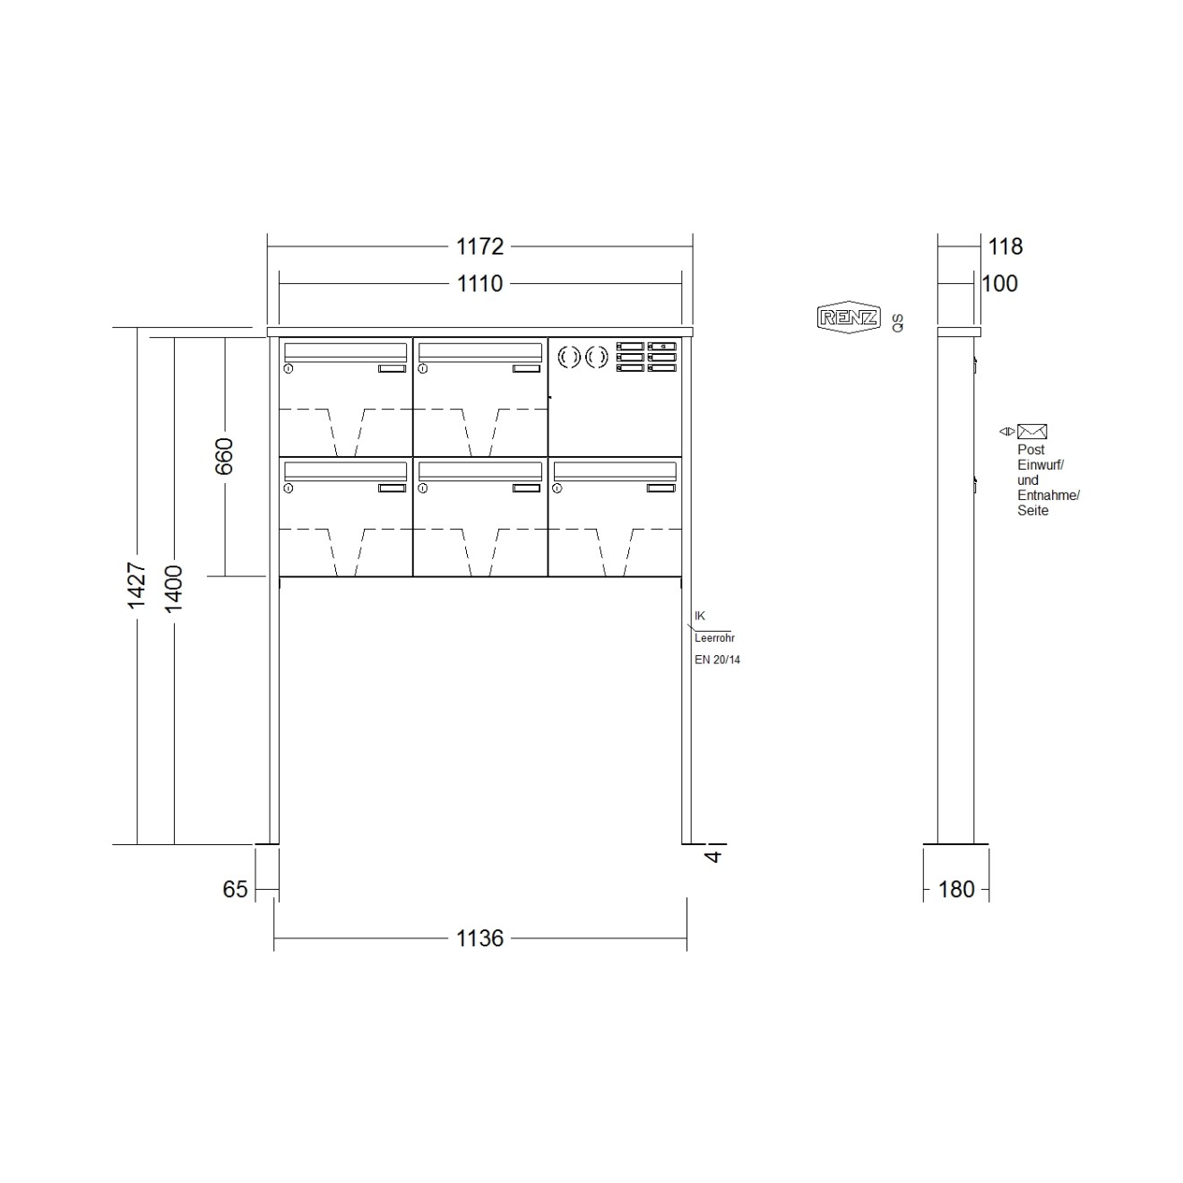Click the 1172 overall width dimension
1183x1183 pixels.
point(479,246)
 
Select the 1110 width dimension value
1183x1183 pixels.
point(479,283)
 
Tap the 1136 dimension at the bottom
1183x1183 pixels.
point(479,938)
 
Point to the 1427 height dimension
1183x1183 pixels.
point(136,585)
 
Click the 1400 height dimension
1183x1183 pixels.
point(174,589)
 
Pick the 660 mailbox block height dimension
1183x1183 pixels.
point(224,456)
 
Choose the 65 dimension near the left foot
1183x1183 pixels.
point(235,889)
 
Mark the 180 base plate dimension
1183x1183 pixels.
point(956,889)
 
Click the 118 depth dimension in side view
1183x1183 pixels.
point(1005,246)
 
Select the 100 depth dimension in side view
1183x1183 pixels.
point(1000,283)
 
